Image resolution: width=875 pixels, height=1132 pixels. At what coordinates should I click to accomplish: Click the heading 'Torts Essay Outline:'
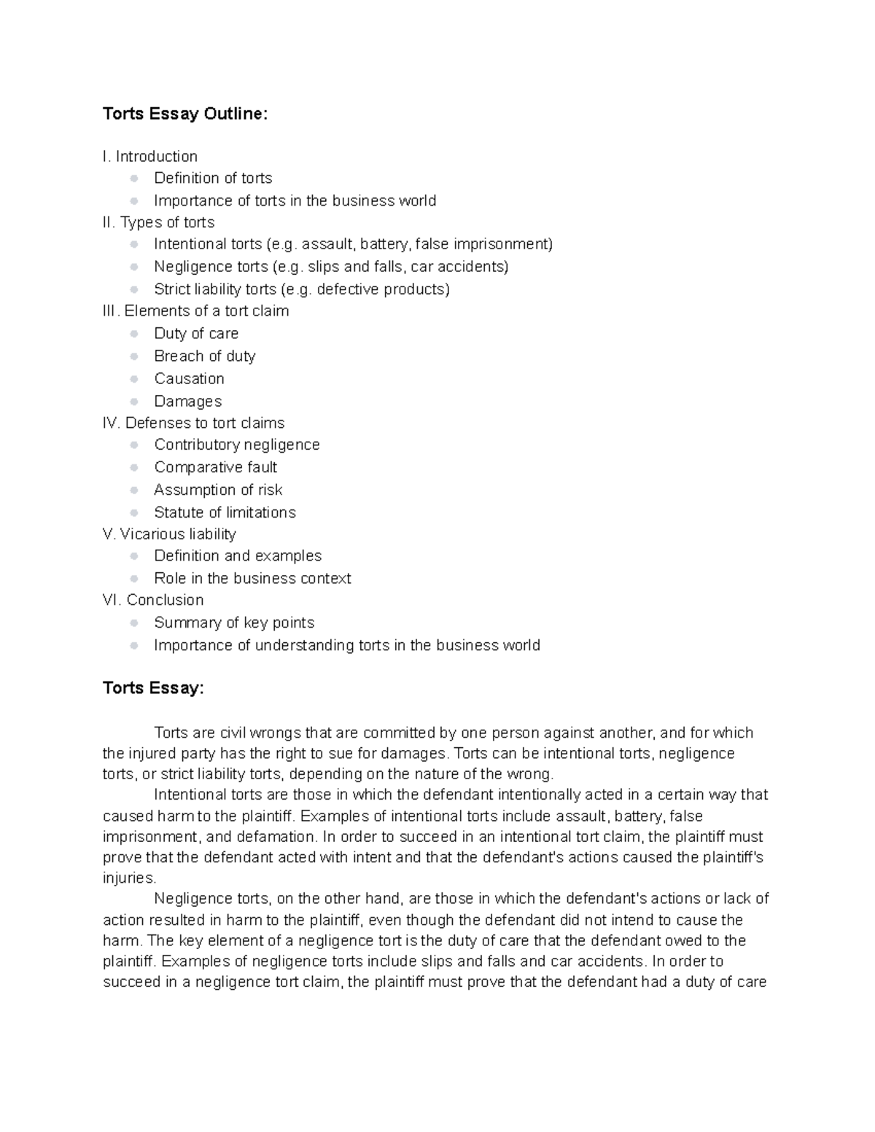(x=185, y=114)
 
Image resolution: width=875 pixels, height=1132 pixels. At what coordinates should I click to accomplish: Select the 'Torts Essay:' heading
(x=153, y=688)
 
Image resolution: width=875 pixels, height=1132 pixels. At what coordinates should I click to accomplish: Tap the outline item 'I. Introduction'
(x=150, y=157)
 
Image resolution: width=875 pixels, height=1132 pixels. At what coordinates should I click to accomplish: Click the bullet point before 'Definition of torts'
(x=133, y=179)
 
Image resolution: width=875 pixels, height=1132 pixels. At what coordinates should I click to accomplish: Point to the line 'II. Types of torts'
(x=159, y=222)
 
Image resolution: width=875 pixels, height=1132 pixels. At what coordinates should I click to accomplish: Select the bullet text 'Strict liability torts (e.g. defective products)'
(x=301, y=289)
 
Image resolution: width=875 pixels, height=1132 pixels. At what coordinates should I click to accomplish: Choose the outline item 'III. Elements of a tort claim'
(x=196, y=311)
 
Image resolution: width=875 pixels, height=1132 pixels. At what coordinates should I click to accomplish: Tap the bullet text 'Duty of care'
(x=196, y=334)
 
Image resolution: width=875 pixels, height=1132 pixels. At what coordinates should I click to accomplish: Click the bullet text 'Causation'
(x=189, y=379)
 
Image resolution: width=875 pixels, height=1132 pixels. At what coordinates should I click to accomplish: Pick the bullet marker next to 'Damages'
(x=133, y=402)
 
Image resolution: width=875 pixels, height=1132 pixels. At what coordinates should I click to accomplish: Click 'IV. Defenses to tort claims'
(x=194, y=423)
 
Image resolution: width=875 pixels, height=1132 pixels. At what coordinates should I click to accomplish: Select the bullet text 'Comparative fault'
(x=215, y=467)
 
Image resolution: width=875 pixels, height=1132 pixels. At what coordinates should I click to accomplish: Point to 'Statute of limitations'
(x=225, y=512)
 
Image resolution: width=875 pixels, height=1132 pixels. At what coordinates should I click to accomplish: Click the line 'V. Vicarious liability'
(x=170, y=534)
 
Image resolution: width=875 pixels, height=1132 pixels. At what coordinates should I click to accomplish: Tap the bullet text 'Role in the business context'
(x=252, y=579)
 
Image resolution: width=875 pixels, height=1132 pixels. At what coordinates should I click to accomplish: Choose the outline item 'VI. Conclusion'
(x=153, y=601)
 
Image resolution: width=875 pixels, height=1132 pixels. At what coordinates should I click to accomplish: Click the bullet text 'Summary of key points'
(x=234, y=623)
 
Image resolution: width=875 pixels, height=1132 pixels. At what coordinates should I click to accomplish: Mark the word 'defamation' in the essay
(x=279, y=837)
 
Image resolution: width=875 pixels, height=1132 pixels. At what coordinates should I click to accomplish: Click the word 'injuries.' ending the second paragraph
(x=130, y=878)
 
